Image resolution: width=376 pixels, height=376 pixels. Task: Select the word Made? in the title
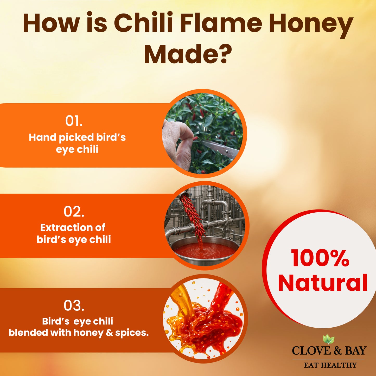(x=188, y=54)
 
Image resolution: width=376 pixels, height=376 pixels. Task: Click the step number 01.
(x=74, y=121)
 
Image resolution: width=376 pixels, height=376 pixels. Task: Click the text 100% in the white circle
(x=320, y=258)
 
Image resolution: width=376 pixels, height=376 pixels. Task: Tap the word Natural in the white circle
(x=323, y=283)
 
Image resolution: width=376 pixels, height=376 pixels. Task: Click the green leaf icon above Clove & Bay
(x=329, y=339)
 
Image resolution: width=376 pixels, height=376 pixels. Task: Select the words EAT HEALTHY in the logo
(x=330, y=365)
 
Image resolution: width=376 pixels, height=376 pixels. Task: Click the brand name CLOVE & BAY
(x=329, y=351)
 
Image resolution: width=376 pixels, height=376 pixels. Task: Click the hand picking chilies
(x=177, y=143)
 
